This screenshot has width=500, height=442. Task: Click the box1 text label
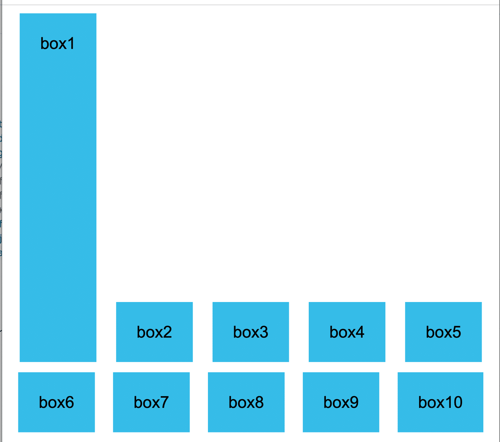(x=57, y=43)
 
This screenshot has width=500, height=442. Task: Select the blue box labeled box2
(x=154, y=332)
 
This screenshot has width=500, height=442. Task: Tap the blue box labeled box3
(x=250, y=332)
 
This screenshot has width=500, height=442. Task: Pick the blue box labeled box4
(x=347, y=332)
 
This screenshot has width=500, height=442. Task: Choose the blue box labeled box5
(x=443, y=332)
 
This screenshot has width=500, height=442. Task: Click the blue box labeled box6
(x=56, y=402)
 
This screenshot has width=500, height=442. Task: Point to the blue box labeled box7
(x=151, y=402)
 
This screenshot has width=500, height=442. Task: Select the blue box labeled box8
(x=246, y=402)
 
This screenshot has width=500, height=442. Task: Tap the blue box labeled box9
(x=341, y=402)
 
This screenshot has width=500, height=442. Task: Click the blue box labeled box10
(x=440, y=402)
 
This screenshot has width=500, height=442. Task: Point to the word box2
(x=154, y=332)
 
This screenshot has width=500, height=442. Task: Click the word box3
(x=250, y=332)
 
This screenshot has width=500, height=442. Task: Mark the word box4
(x=347, y=332)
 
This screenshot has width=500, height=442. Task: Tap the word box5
(x=443, y=332)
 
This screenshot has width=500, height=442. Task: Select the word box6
(x=56, y=402)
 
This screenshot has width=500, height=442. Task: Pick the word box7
(x=151, y=402)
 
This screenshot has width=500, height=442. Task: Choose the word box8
(x=246, y=402)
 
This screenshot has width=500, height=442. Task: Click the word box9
(x=341, y=402)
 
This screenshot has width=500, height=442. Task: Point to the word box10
(x=440, y=402)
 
